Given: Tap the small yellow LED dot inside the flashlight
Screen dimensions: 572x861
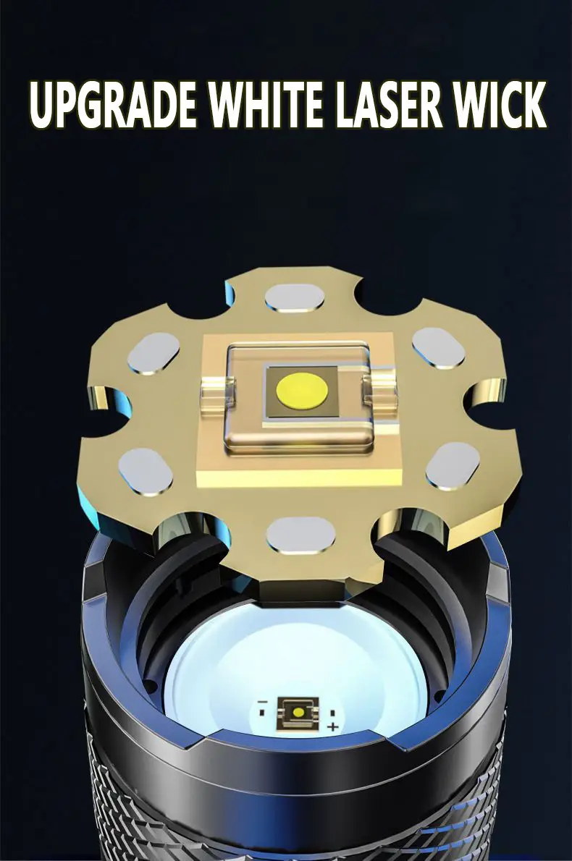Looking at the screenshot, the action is pyautogui.click(x=298, y=712).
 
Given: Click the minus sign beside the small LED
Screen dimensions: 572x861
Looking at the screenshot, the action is pyautogui.click(x=263, y=702).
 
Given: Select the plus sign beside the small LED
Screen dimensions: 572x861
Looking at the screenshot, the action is pyautogui.click(x=333, y=727).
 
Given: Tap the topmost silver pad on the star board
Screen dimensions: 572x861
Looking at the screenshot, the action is pyautogui.click(x=295, y=298).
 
